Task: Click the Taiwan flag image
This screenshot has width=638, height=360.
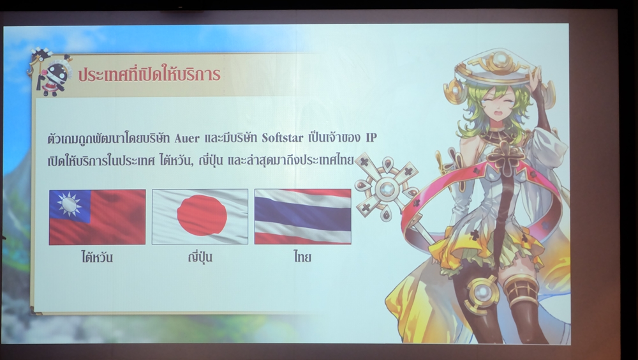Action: click(x=97, y=217)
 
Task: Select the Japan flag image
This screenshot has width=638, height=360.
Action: click(x=200, y=216)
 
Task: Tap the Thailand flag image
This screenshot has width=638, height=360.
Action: click(x=302, y=216)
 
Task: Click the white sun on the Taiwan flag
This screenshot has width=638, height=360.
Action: click(x=69, y=204)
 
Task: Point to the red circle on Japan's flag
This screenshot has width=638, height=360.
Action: click(x=202, y=215)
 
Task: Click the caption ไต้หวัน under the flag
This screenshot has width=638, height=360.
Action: click(x=97, y=257)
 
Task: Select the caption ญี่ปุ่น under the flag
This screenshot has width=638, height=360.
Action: click(x=200, y=257)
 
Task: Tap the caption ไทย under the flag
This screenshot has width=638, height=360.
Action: click(x=302, y=257)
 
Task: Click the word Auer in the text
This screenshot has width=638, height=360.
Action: click(x=187, y=139)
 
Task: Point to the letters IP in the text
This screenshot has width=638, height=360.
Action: click(x=371, y=138)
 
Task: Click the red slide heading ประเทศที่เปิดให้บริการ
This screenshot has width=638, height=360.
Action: click(x=149, y=73)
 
